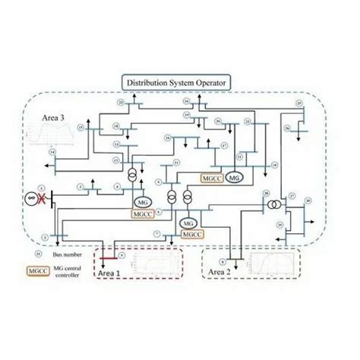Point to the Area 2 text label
pyautogui.click(x=219, y=271)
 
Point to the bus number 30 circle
pyautogui.click(x=308, y=201)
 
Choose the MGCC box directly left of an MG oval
pyautogui.click(x=210, y=177)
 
